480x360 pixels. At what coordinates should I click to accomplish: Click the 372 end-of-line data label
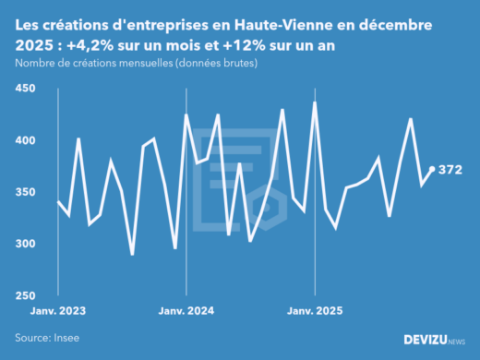tap(450, 170)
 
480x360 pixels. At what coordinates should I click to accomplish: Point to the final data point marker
tap(432, 169)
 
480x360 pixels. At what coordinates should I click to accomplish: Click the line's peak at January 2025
tap(315, 102)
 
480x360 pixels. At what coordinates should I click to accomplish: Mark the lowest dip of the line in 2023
tap(132, 255)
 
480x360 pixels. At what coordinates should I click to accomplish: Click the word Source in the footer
tap(32, 338)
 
